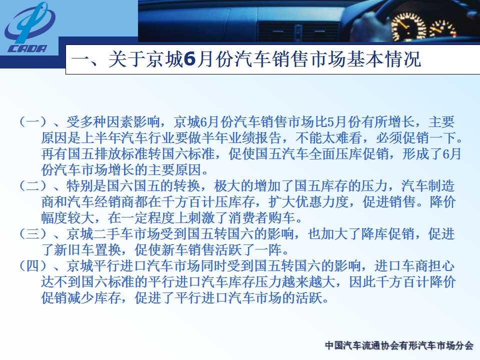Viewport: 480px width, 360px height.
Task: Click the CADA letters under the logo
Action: [27, 48]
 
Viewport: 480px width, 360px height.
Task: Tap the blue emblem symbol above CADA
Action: [29, 23]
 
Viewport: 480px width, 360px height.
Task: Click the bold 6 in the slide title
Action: [189, 59]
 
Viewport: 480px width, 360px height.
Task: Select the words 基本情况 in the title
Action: [384, 59]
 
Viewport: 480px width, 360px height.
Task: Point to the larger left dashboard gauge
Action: [409, 26]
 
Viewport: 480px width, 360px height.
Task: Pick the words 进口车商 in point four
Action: [401, 265]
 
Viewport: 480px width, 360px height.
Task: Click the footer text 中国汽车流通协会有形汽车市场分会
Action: [399, 345]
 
